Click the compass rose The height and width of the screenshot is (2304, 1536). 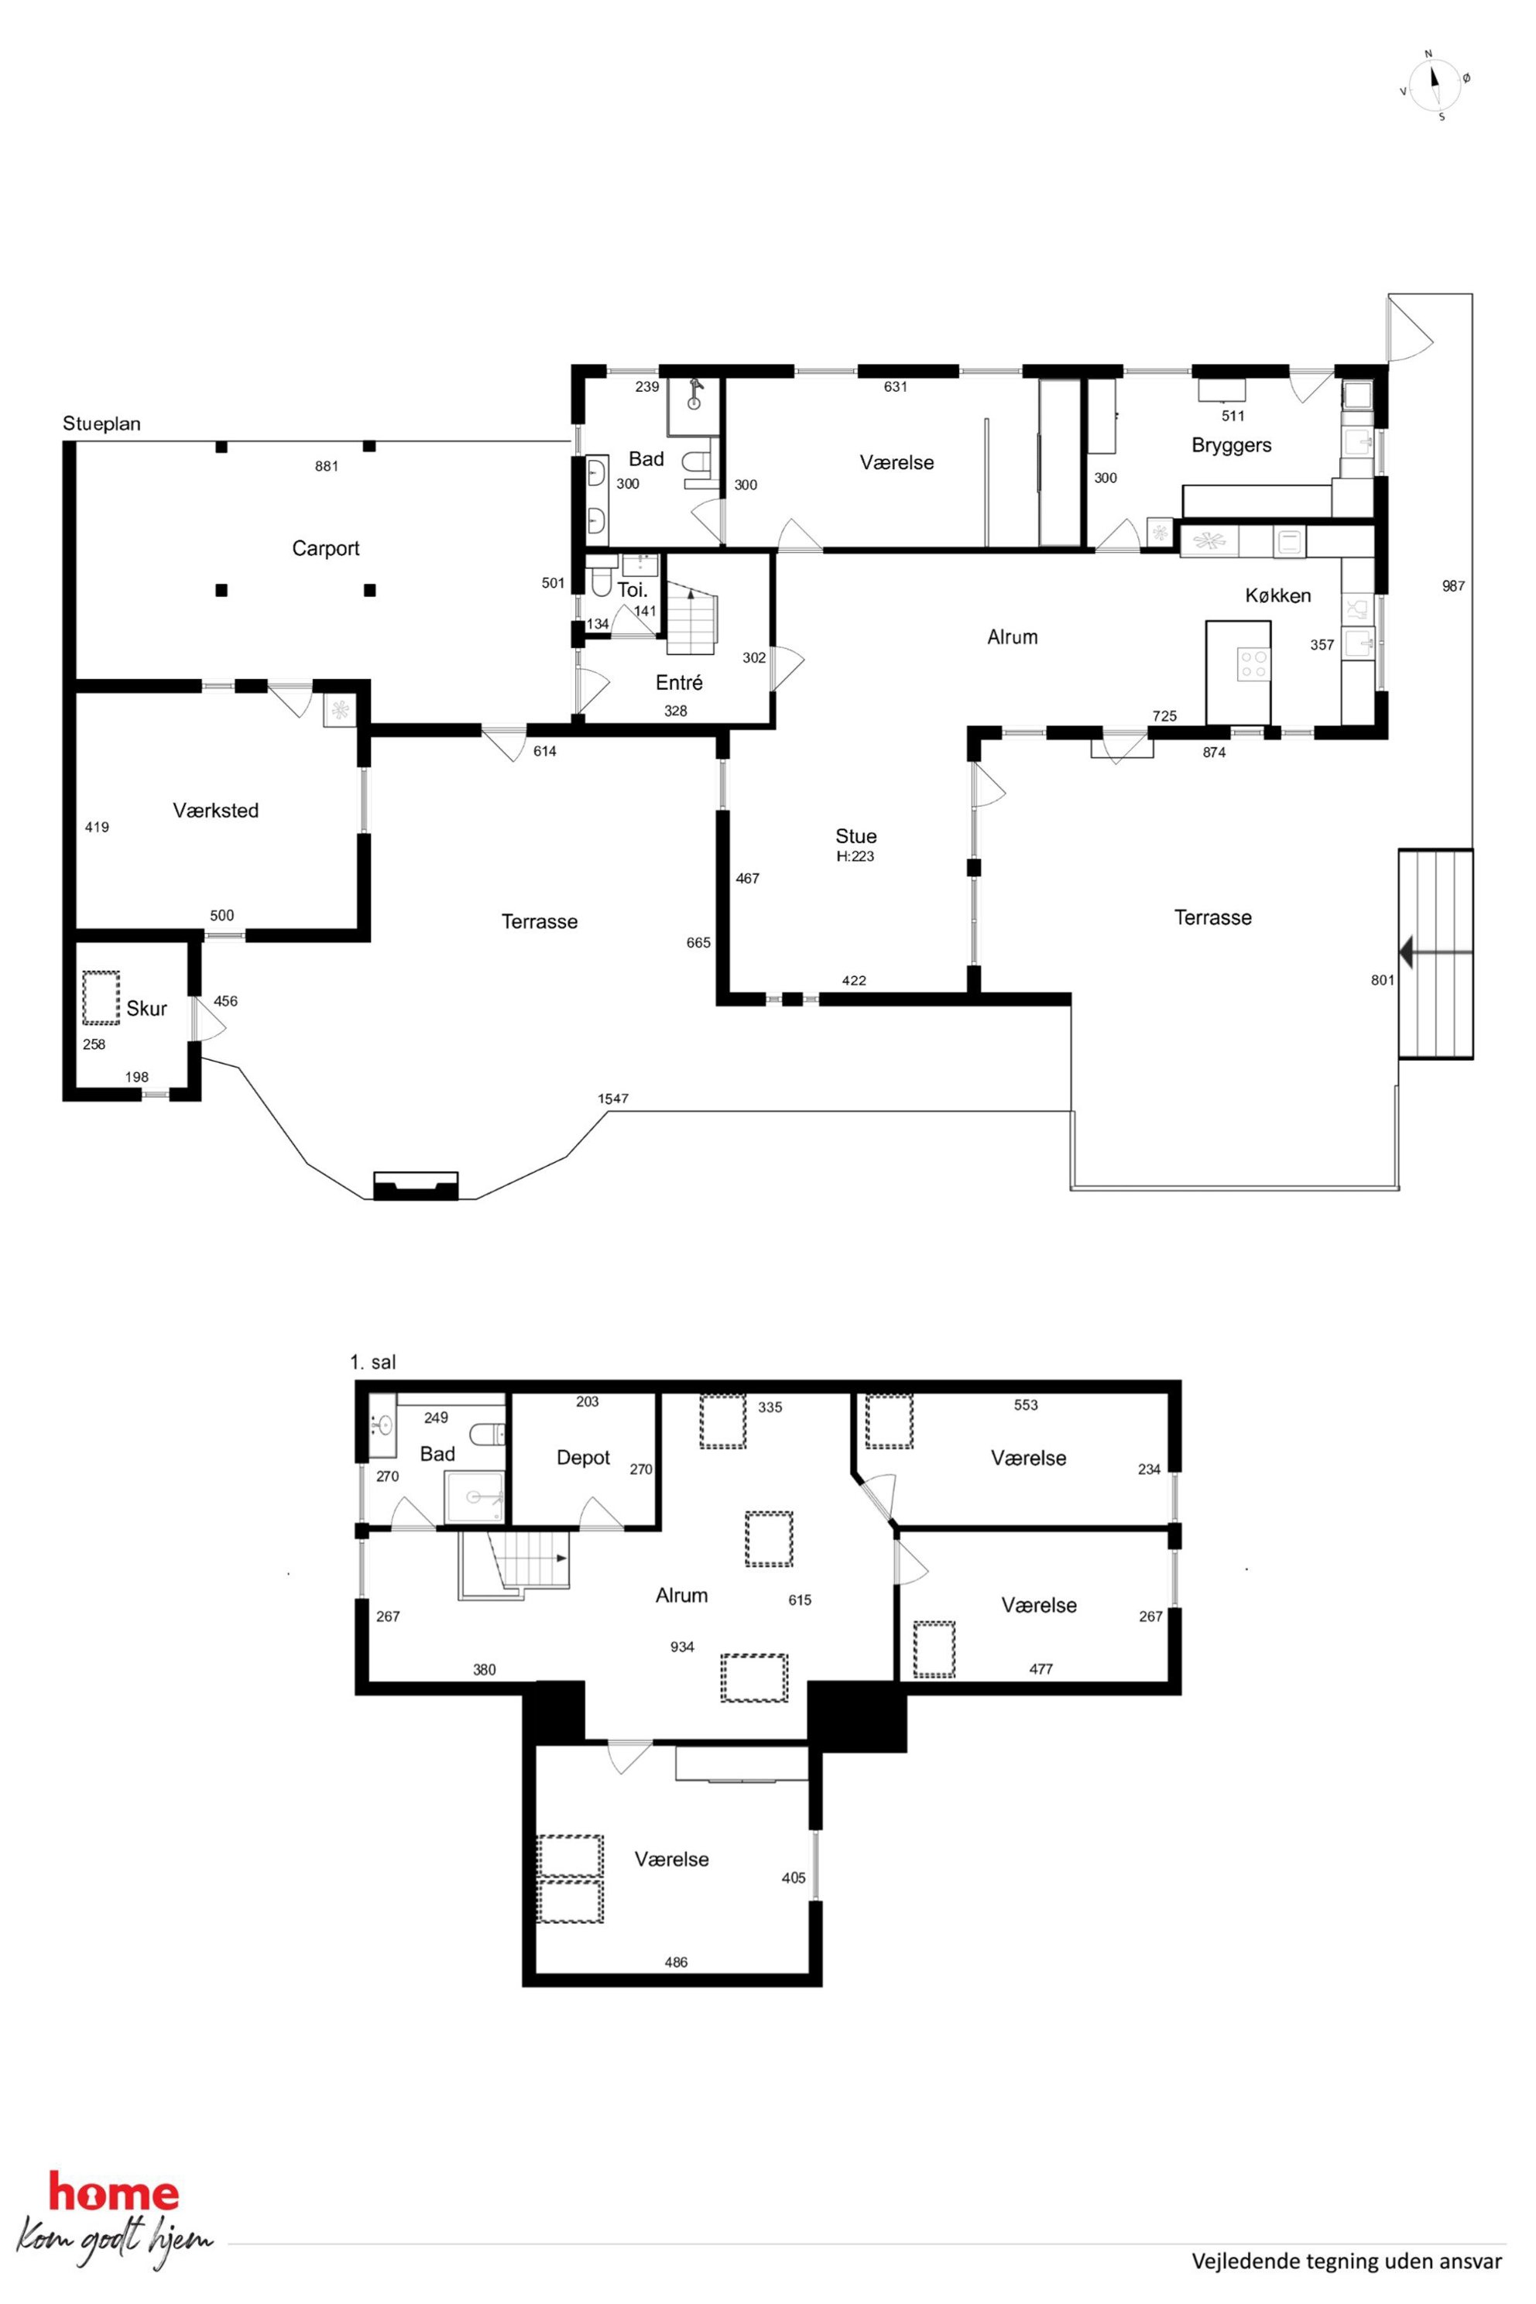click(1435, 85)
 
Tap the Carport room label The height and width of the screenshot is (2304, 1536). click(325, 549)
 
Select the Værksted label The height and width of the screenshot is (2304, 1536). click(215, 810)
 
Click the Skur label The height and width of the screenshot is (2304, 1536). click(146, 1008)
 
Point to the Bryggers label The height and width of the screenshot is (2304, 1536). click(1231, 446)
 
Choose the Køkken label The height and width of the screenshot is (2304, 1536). click(1277, 595)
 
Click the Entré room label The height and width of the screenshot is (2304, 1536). click(679, 682)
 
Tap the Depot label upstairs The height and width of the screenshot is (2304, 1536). click(583, 1458)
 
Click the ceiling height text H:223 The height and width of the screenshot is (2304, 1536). click(855, 856)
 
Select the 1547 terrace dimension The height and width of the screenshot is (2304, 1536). click(613, 1098)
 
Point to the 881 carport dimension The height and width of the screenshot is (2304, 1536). click(326, 466)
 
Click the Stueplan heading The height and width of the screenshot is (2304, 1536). click(102, 424)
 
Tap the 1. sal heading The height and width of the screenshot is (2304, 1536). click(372, 1362)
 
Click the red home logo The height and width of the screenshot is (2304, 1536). click(114, 2193)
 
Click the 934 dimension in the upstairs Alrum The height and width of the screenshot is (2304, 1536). click(682, 1647)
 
